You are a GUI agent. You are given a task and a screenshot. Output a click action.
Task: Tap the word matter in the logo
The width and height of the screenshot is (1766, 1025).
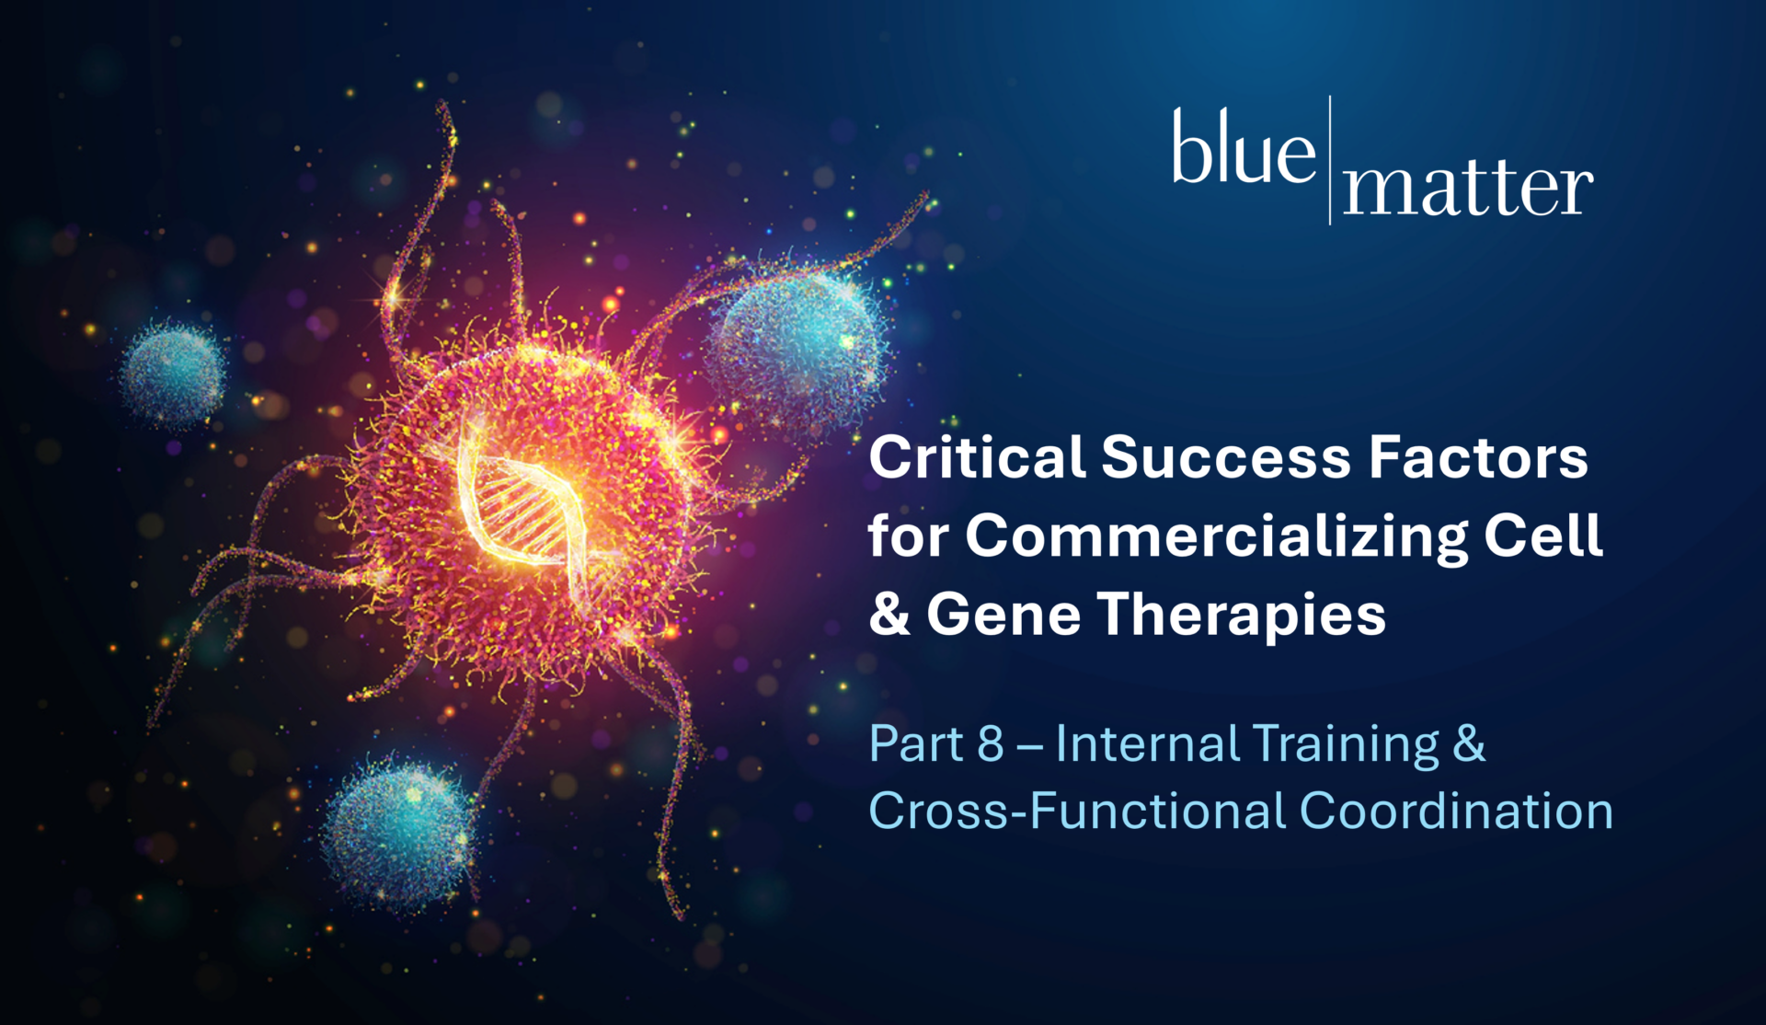tap(1468, 190)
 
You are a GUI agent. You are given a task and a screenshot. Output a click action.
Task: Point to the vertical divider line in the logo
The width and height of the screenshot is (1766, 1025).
tap(1330, 159)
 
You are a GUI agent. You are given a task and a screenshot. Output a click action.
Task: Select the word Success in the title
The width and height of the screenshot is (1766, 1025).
tap(1226, 457)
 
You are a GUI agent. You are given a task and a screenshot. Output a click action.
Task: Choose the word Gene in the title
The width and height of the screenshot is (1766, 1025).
tap(1003, 614)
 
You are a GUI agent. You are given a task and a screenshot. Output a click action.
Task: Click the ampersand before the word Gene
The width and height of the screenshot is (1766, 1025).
tap(889, 614)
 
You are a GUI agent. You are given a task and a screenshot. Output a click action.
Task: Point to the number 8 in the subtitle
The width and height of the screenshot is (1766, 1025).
tap(990, 743)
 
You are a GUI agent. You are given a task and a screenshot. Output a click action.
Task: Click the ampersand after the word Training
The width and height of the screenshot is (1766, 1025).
tap(1469, 743)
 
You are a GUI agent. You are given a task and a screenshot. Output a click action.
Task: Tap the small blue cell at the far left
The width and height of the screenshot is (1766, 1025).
tap(173, 374)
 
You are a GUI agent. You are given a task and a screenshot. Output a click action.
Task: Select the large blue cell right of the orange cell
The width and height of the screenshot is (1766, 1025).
tap(798, 344)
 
